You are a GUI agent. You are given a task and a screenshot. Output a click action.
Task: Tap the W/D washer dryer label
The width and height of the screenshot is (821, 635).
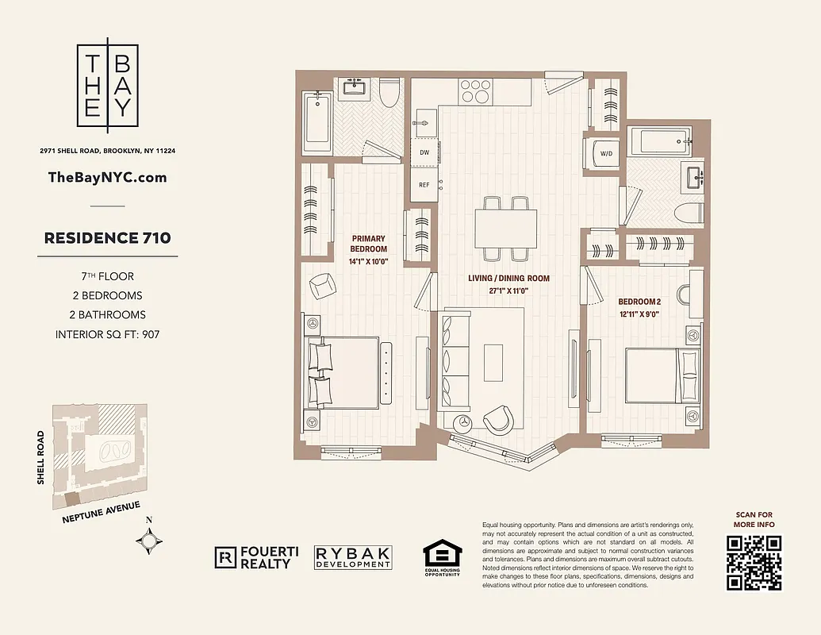pos(606,153)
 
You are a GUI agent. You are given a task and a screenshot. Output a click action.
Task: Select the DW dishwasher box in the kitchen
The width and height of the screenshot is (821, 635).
pos(424,152)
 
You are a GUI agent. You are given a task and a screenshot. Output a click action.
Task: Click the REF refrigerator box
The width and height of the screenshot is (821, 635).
pos(424,184)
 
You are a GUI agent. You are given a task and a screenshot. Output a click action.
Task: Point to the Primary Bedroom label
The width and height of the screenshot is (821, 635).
pos(369,244)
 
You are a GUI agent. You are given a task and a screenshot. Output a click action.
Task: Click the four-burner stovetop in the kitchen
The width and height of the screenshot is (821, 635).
pos(474,89)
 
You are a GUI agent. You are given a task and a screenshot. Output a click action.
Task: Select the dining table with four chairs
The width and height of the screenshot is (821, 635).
pos(505,229)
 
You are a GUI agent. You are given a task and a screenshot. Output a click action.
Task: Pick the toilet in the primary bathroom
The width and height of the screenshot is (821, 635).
pos(389,94)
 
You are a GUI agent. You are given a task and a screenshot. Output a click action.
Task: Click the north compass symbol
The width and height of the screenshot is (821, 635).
pos(150,541)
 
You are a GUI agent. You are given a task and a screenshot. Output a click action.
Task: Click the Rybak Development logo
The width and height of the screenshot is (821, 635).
pos(353,557)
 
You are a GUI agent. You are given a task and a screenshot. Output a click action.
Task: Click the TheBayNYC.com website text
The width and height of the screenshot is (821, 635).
pos(108,177)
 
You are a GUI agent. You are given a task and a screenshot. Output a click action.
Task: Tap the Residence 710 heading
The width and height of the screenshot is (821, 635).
pos(107,237)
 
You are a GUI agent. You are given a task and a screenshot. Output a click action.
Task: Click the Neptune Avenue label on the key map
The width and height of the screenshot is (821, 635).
pos(101,513)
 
